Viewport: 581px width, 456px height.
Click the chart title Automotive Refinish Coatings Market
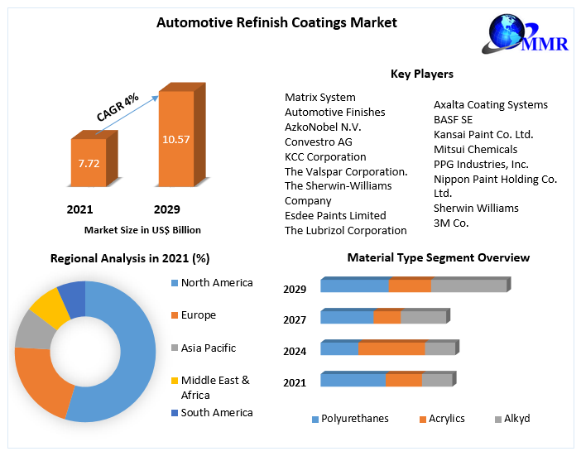pyautogui.click(x=276, y=23)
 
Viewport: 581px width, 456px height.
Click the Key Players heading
pyautogui.click(x=421, y=74)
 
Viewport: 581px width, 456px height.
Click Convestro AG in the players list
pyautogui.click(x=319, y=142)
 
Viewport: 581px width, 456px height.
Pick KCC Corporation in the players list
pyautogui.click(x=325, y=156)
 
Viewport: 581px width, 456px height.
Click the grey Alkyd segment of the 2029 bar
pyautogui.click(x=468, y=286)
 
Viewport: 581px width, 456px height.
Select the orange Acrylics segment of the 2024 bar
pyautogui.click(x=391, y=348)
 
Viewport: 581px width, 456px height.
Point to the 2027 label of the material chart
pyautogui.click(x=295, y=320)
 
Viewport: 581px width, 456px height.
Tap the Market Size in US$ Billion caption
pyautogui.click(x=142, y=230)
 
